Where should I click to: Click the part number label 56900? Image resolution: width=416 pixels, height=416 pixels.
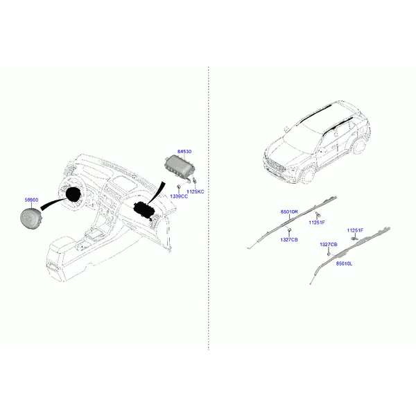tap(32, 200)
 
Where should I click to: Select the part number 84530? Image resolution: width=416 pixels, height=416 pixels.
tap(184, 151)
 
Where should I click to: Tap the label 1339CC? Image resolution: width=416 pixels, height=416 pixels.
tap(179, 197)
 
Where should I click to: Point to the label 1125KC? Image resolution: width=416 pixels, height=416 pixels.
tap(196, 191)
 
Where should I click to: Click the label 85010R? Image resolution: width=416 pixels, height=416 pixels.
tap(289, 211)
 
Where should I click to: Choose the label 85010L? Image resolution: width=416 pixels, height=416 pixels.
tap(345, 263)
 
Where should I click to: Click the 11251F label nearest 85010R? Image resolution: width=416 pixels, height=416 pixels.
tap(317, 222)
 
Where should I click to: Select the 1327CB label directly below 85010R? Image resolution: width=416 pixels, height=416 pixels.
tap(289, 239)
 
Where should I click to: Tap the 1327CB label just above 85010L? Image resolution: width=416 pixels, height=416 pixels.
tap(329, 245)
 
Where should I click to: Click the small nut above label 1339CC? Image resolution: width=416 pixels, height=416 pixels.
tap(179, 187)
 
